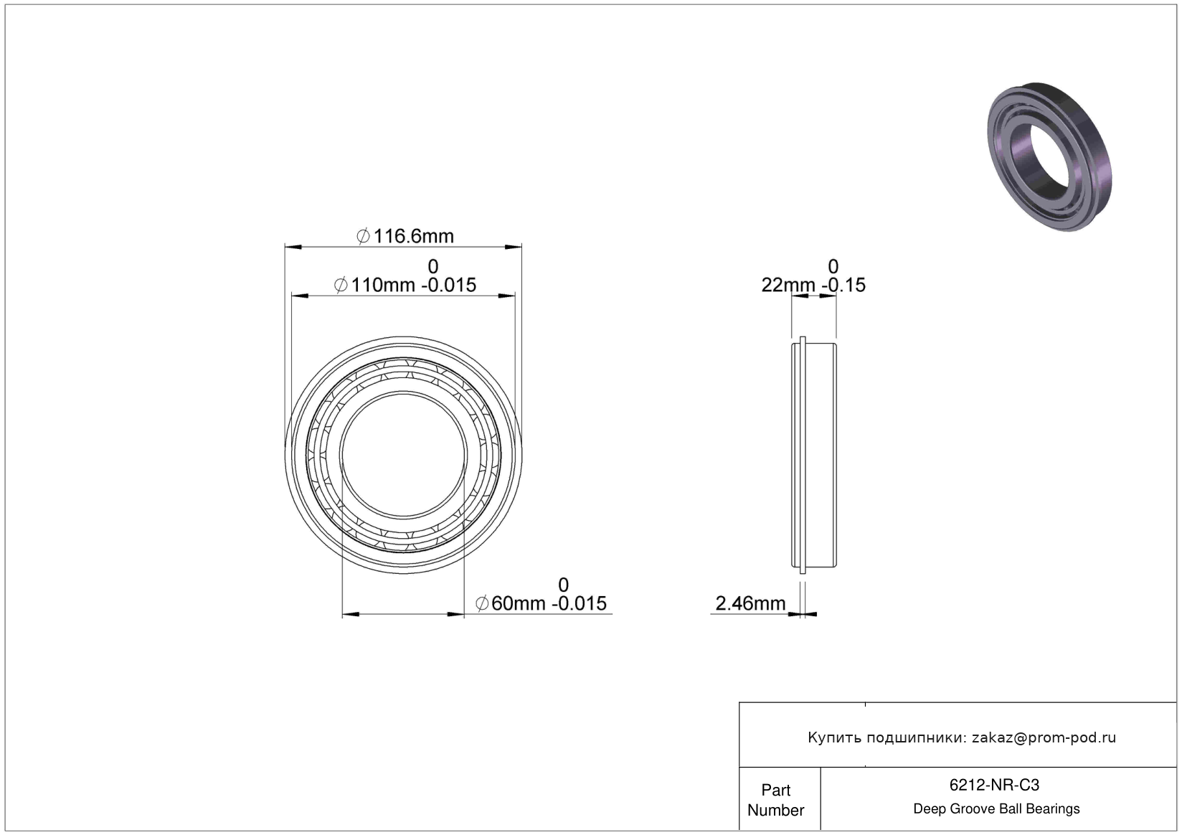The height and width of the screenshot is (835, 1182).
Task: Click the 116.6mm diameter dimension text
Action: point(405,236)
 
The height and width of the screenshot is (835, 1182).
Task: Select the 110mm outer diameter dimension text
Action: point(405,285)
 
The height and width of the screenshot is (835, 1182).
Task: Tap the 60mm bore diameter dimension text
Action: point(541,603)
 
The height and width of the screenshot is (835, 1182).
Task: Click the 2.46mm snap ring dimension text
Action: point(750,603)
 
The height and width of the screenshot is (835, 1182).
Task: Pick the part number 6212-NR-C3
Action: point(994,785)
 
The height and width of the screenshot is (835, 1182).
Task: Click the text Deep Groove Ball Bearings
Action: point(996,808)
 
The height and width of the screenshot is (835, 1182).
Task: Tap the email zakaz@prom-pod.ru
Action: point(1044,737)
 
